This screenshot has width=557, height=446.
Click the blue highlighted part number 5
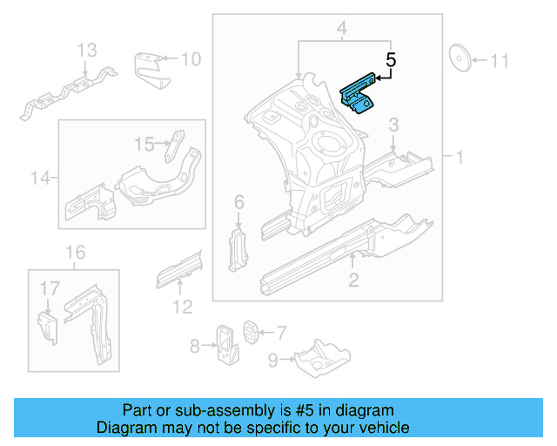[357, 94]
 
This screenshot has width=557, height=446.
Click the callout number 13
[87, 51]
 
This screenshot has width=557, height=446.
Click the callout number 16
[77, 253]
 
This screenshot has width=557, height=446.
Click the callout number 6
[239, 203]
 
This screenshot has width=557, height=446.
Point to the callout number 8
[196, 346]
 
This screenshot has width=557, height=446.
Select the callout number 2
[353, 280]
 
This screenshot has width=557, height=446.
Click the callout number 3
[393, 125]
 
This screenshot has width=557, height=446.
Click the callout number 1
[458, 157]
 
